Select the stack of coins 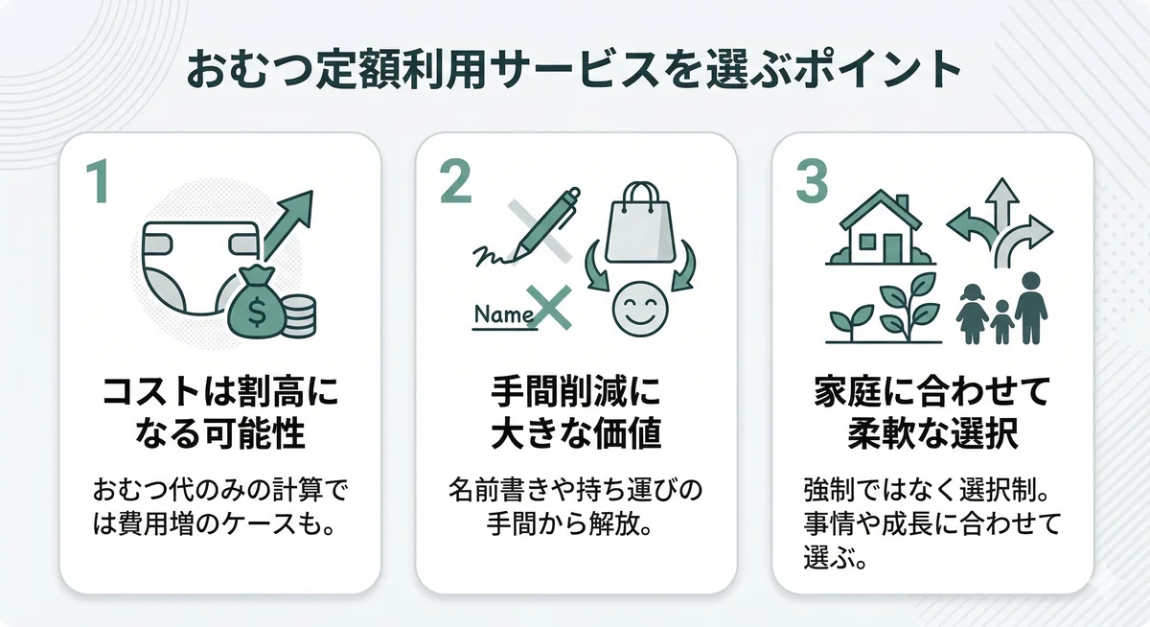(299, 315)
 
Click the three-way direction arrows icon (1000, 222)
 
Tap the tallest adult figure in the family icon (1031, 307)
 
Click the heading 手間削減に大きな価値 (575, 413)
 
